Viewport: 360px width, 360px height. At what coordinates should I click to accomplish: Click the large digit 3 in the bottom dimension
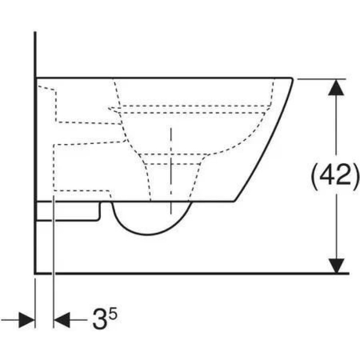pos(99,319)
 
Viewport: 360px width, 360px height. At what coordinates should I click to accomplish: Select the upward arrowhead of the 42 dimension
pos(336,88)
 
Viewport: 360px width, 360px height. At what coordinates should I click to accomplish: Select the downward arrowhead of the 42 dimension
pos(336,265)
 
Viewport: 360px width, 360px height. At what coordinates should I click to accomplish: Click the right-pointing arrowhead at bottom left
pos(27,319)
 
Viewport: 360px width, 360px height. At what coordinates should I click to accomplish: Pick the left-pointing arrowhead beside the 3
pos(62,319)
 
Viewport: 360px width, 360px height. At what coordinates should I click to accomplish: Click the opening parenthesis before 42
pos(315,175)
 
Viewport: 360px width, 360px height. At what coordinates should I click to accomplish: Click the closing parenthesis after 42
pos(355,175)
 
